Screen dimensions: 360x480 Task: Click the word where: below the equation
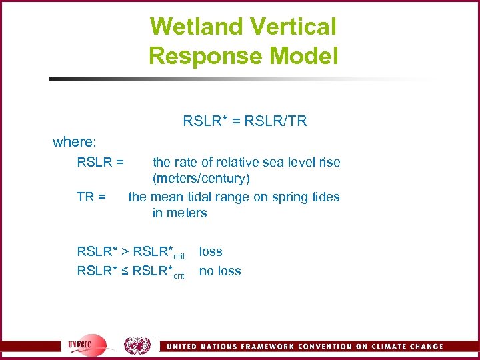tap(75, 142)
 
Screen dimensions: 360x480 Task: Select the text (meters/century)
tap(201, 179)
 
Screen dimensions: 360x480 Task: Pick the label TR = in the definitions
tap(91, 197)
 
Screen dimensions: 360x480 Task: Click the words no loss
tap(220, 271)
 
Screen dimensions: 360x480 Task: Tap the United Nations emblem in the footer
tap(137, 345)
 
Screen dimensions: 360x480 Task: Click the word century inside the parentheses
tap(226, 179)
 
